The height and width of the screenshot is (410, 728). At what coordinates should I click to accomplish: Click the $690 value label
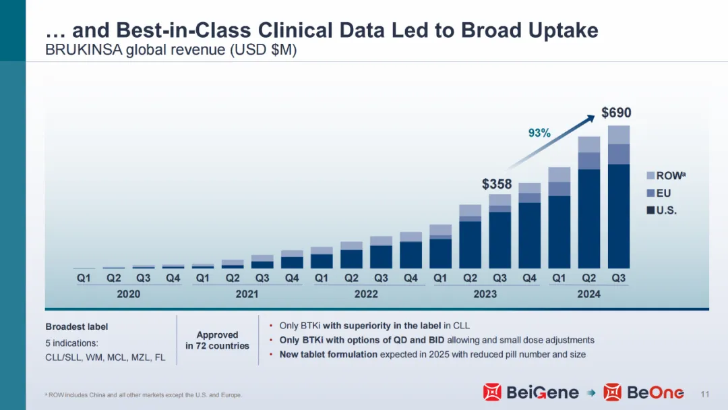click(616, 113)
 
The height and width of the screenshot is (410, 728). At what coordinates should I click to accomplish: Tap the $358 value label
click(497, 183)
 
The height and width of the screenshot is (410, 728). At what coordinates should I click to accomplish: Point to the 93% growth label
click(539, 134)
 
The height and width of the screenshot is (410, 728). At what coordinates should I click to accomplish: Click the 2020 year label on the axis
click(129, 294)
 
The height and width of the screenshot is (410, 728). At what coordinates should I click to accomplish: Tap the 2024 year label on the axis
click(588, 294)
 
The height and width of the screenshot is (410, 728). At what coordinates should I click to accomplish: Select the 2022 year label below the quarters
click(366, 294)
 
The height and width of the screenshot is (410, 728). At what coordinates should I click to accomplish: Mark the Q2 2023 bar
click(470, 236)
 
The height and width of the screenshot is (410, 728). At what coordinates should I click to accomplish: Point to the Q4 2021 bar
click(292, 259)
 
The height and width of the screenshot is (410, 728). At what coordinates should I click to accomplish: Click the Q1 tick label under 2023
click(440, 277)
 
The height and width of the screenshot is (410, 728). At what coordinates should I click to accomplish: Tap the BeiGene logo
click(530, 392)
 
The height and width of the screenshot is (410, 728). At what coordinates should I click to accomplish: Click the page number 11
click(706, 394)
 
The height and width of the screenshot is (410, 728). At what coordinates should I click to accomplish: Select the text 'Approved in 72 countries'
click(217, 340)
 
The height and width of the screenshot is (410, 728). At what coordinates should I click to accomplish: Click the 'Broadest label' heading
click(76, 326)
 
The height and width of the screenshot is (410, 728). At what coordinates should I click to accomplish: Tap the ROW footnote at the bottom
click(143, 394)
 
